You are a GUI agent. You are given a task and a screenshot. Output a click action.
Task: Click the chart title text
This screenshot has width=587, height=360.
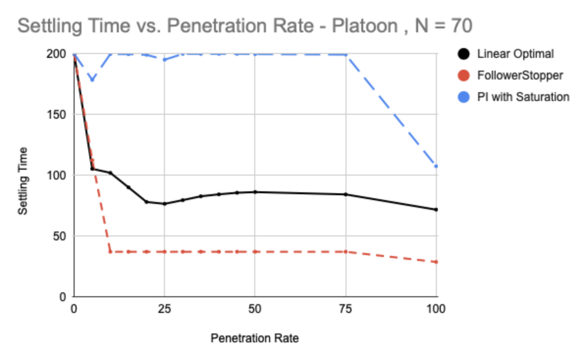[x=244, y=25]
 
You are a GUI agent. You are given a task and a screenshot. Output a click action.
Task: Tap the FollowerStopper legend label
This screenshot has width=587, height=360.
[x=520, y=76]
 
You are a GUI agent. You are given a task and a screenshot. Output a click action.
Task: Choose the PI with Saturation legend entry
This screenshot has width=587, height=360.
[x=523, y=97]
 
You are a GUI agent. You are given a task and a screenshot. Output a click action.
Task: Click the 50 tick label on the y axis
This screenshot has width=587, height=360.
[x=63, y=236]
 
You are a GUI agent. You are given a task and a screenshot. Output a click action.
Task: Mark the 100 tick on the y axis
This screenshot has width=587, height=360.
[x=60, y=176]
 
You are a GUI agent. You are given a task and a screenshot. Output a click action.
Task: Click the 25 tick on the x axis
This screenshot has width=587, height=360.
[x=164, y=309]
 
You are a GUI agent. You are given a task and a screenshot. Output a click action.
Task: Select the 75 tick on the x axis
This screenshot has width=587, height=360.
[x=346, y=309]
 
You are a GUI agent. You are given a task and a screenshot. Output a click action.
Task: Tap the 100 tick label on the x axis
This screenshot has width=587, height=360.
[x=436, y=309]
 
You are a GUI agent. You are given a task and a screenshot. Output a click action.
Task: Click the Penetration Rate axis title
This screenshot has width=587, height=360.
[x=255, y=338]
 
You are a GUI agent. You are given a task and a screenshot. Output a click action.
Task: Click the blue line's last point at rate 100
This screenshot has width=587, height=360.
[x=436, y=166]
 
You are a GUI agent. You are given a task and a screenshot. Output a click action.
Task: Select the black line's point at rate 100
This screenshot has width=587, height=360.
[x=436, y=209]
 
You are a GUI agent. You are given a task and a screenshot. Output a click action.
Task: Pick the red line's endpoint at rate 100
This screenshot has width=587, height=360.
[x=436, y=262]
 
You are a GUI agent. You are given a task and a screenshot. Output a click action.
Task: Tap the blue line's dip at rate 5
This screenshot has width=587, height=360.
[x=92, y=80]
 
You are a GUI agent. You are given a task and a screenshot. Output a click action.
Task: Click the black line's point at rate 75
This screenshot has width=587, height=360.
[x=346, y=194]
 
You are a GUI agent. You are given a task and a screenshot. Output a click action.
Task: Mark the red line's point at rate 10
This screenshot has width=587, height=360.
[x=110, y=252]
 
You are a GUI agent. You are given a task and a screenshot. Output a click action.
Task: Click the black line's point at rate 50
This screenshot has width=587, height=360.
[x=255, y=192]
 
